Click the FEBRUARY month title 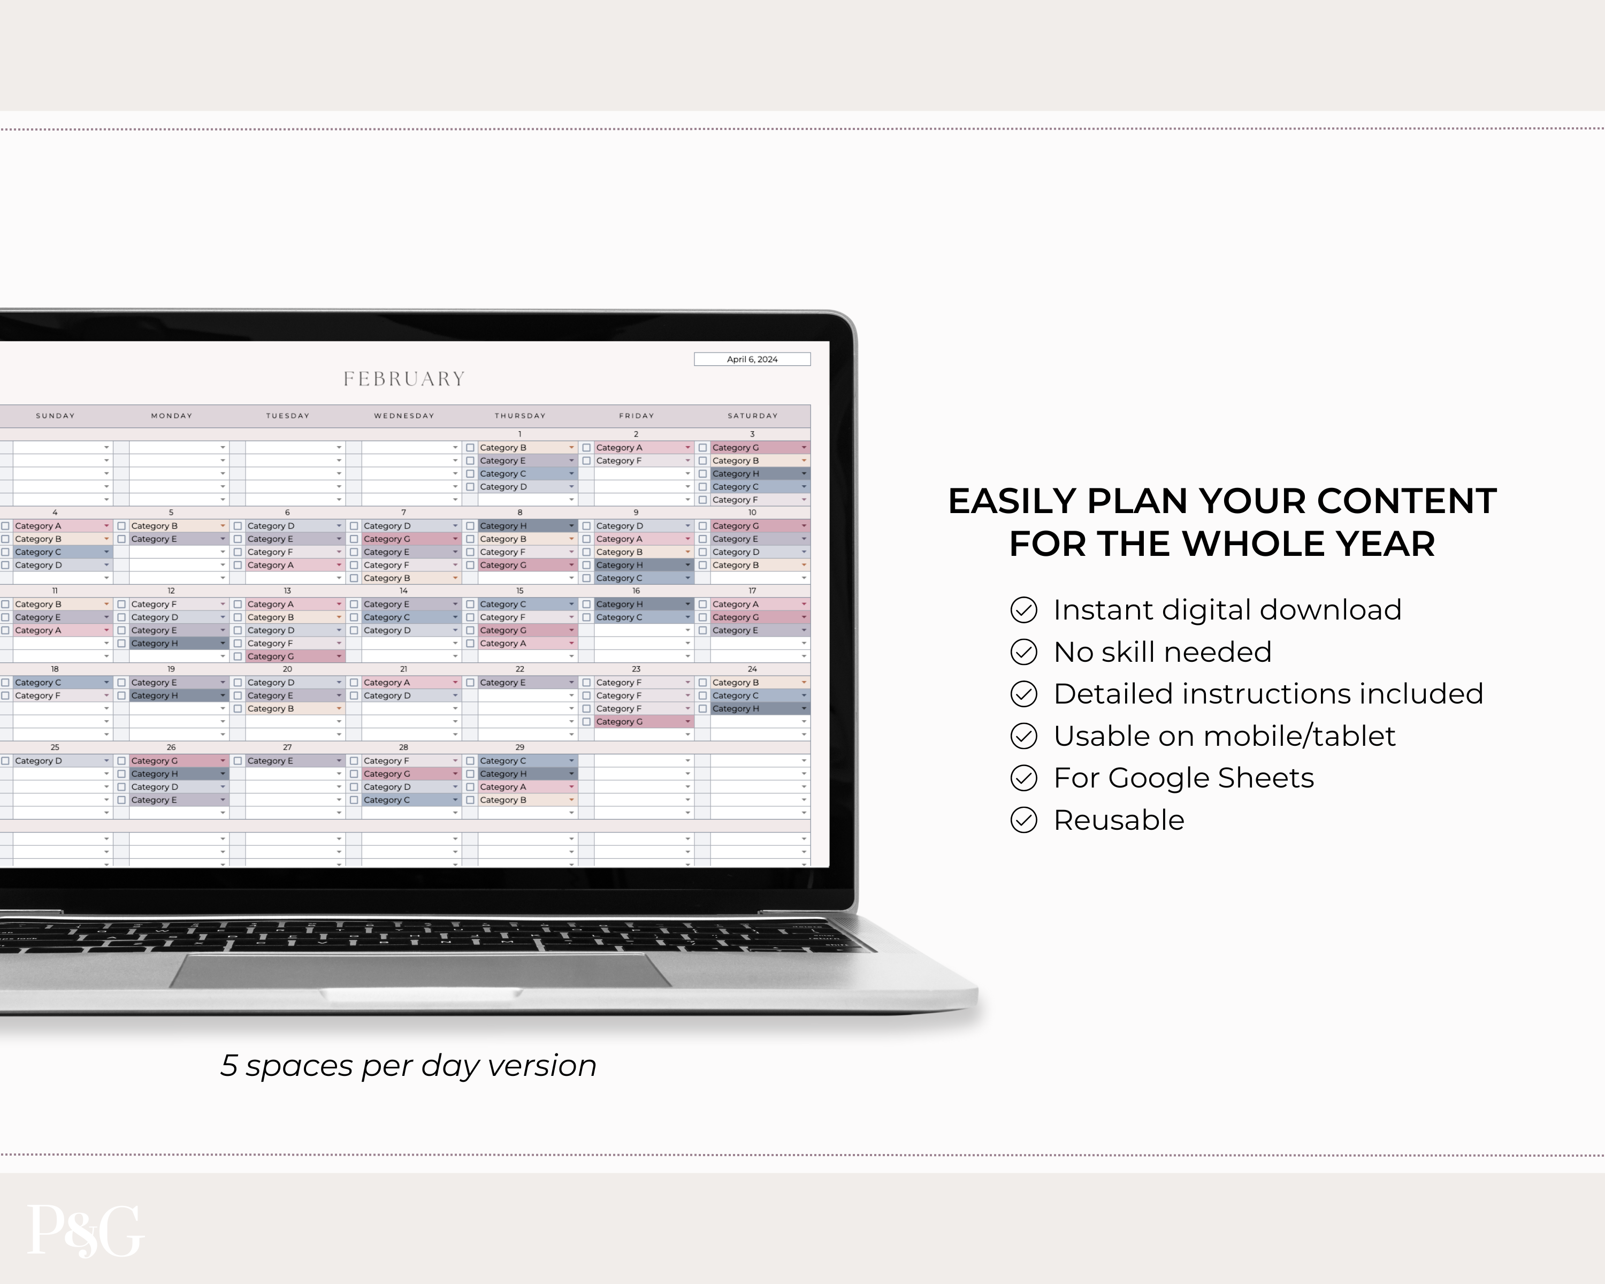tap(404, 379)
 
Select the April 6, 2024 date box tap(752, 359)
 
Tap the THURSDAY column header tap(519, 415)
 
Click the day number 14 tap(403, 590)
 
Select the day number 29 tap(519, 746)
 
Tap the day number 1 tap(519, 434)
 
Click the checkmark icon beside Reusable tap(1023, 820)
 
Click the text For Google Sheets tap(1183, 778)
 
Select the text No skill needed tap(1163, 652)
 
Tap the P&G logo tap(85, 1230)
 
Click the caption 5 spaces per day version tap(408, 1066)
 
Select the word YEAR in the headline tap(1382, 544)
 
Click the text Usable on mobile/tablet tap(1225, 736)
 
